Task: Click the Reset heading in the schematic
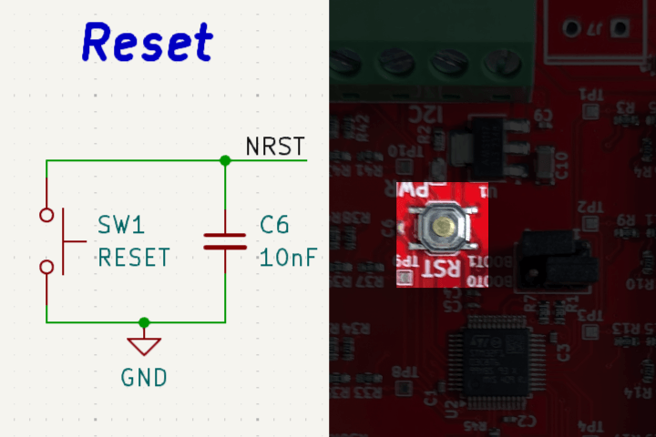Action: pyautogui.click(x=147, y=42)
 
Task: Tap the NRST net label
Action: pyautogui.click(x=274, y=147)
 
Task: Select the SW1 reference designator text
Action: pyautogui.click(x=122, y=225)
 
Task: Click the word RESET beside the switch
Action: pyautogui.click(x=134, y=258)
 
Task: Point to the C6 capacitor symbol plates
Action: pyautogui.click(x=224, y=240)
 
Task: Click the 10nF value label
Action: pyautogui.click(x=288, y=258)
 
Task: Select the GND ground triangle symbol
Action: pyautogui.click(x=144, y=346)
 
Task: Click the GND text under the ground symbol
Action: pyautogui.click(x=144, y=376)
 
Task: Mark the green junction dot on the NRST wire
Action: pyautogui.click(x=225, y=160)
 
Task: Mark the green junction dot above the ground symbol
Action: pyautogui.click(x=144, y=322)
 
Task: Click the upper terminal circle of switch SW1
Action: pyautogui.click(x=46, y=215)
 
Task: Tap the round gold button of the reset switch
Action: pyautogui.click(x=443, y=226)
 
